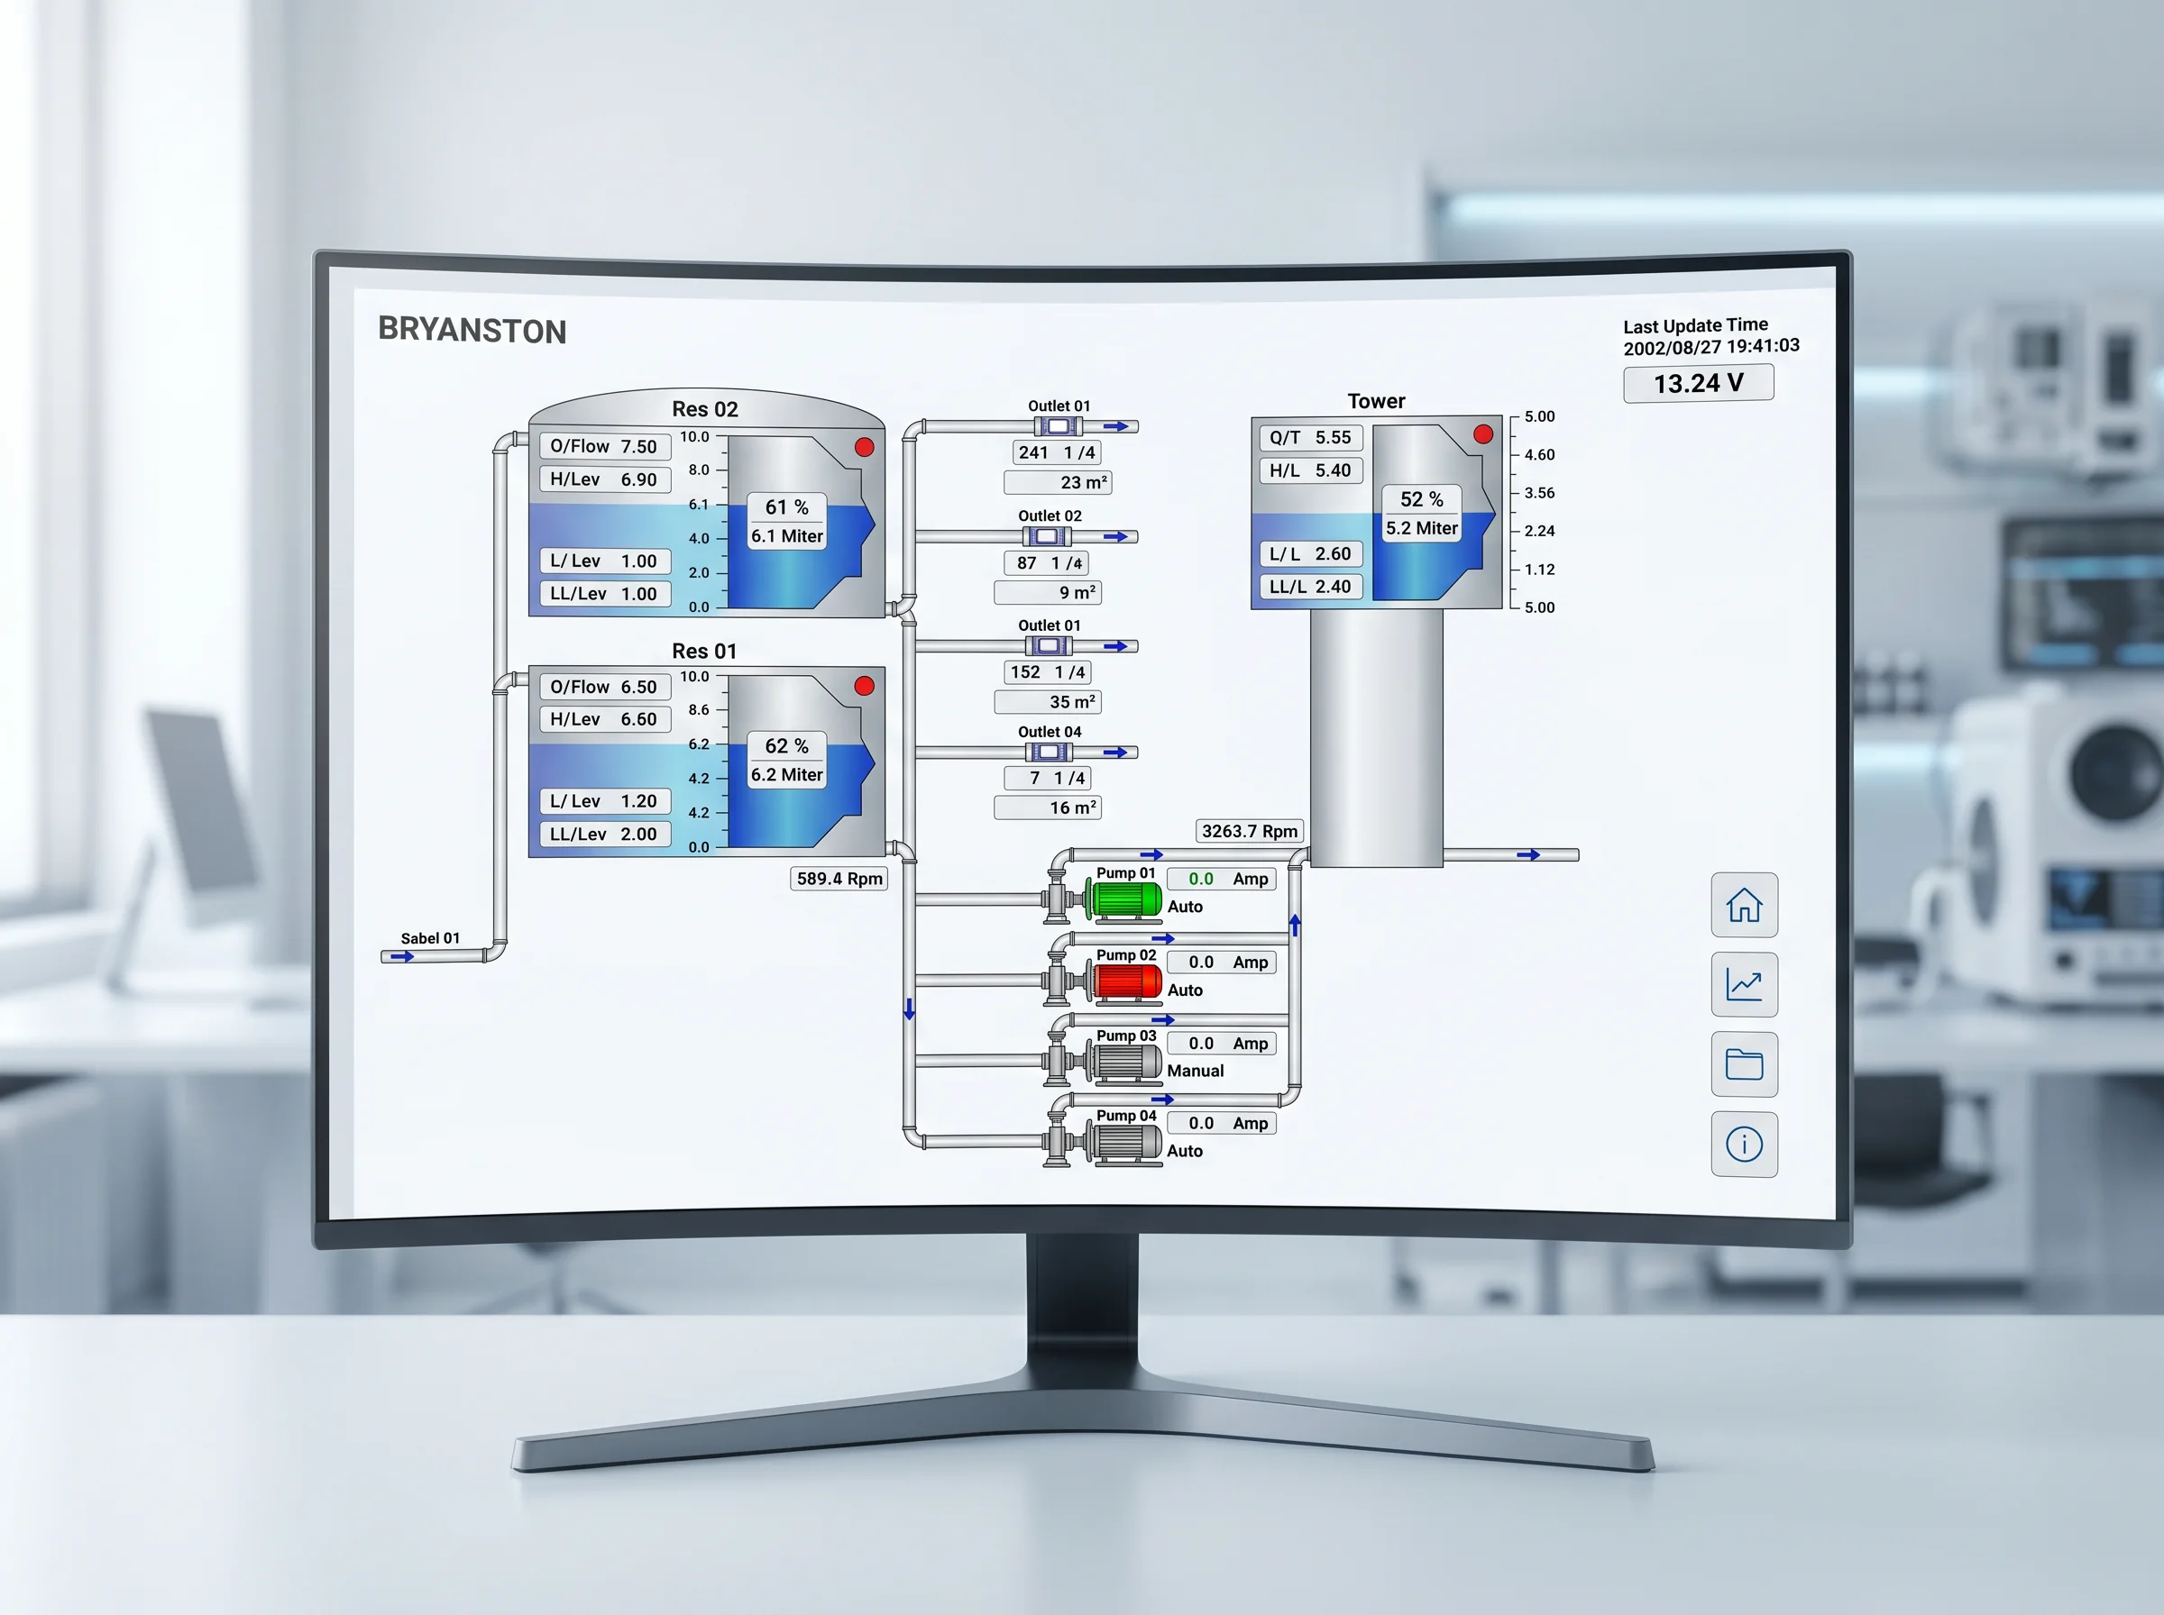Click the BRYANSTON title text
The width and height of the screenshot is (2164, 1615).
point(472,331)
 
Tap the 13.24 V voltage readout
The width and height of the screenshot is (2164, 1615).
point(1699,383)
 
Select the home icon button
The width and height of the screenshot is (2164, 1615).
point(1745,905)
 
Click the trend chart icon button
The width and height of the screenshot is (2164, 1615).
point(1745,984)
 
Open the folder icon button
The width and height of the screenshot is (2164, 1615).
point(1745,1064)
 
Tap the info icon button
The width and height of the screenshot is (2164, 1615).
point(1745,1144)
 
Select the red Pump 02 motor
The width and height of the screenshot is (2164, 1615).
point(1123,981)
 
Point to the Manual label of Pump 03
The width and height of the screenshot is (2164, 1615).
point(1195,1072)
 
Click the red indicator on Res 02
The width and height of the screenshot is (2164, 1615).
point(865,447)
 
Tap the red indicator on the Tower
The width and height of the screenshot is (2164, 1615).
point(1483,434)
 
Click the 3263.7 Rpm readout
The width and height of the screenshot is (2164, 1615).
point(1250,832)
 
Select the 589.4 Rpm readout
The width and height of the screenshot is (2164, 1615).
point(839,879)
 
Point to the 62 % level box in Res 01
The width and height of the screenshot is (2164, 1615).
point(787,746)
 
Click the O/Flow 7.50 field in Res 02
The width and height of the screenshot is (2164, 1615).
point(604,447)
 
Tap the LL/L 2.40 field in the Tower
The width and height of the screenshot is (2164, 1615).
point(1310,587)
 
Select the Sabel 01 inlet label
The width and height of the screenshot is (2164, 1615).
point(430,938)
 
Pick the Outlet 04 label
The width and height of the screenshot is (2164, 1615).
point(1050,732)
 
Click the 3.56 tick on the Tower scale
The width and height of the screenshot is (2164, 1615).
point(1539,493)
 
